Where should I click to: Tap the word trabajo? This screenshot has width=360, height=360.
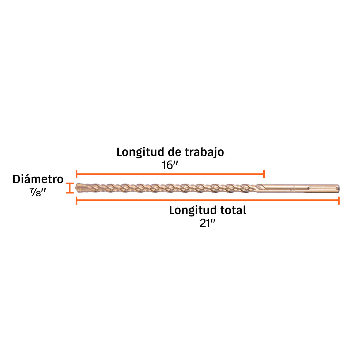[204, 152]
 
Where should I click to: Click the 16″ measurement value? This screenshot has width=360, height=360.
[169, 165]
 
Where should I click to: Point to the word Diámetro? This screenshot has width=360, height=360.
[38, 179]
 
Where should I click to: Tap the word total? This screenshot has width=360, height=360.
[233, 210]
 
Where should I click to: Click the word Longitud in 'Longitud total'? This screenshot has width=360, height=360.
[193, 210]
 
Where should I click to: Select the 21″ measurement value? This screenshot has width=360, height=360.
[207, 223]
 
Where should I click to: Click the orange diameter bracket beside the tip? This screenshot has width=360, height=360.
[69, 188]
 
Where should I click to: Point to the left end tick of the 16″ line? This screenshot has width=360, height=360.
[76, 174]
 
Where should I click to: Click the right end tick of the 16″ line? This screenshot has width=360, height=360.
[264, 174]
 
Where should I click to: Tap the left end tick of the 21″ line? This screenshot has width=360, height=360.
[76, 200]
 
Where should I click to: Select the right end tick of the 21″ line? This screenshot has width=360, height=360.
[339, 200]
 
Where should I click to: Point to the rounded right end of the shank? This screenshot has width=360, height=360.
[338, 188]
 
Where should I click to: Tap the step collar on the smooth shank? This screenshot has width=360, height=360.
[274, 188]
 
